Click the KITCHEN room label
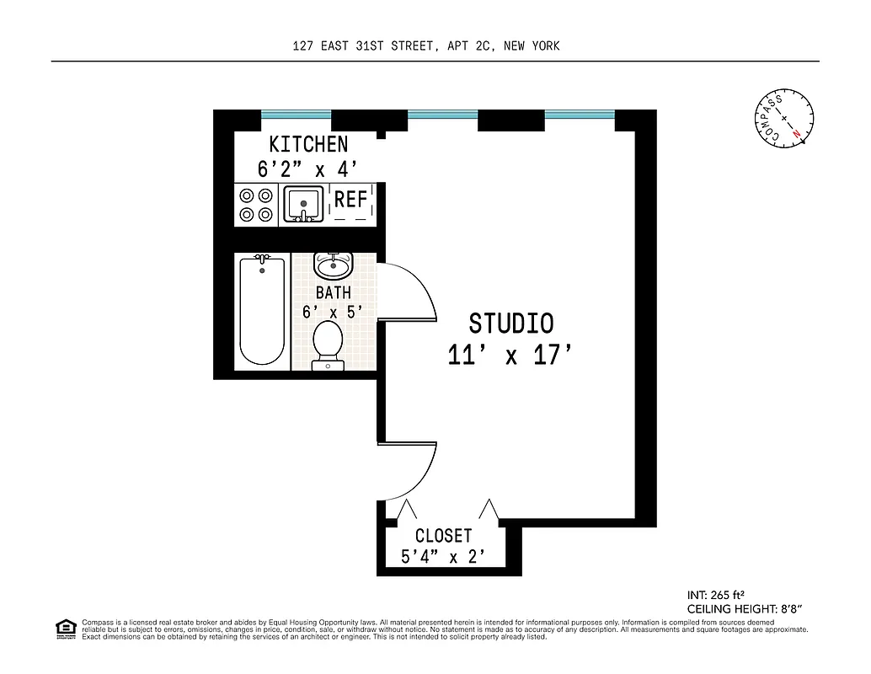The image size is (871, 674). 307,144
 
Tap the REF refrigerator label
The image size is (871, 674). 350,200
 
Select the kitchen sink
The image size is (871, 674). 302,205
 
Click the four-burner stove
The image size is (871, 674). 256,205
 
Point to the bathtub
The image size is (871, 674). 262,311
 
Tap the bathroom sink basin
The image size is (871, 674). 332,266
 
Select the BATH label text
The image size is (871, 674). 333,293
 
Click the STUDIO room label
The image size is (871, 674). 510,324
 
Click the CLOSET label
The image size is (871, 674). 443,536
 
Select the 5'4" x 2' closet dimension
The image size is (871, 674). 443,556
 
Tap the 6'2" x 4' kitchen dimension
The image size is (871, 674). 307,168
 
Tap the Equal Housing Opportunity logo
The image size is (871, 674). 64,628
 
